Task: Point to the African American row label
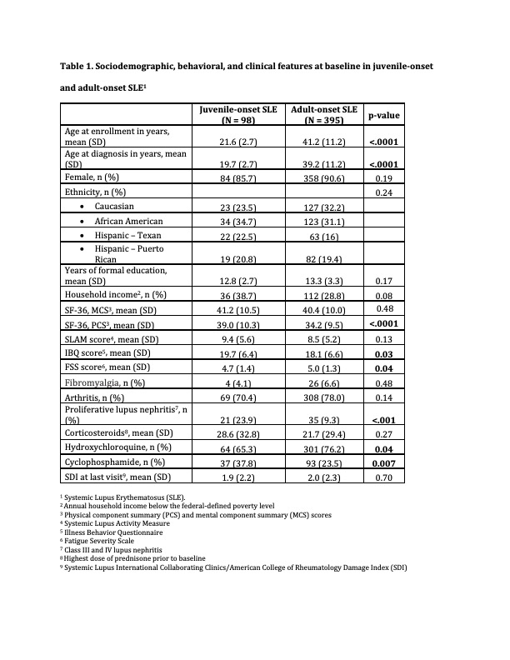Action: tap(128, 221)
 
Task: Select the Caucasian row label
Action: tap(114, 206)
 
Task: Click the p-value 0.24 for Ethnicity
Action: tap(384, 192)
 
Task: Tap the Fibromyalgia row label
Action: tap(101, 382)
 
